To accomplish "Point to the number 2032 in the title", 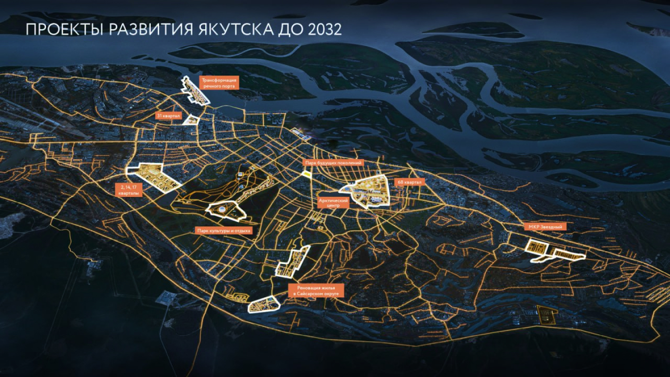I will [x=325, y=30].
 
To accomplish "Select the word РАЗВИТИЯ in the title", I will [x=148, y=30].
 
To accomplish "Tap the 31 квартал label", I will [x=168, y=115].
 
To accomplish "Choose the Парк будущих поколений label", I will [x=333, y=163].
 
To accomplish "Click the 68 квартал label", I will [x=408, y=182].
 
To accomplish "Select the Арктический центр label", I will [x=333, y=202].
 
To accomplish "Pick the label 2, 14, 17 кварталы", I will [x=128, y=189].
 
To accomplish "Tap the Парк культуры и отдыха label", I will [x=223, y=230].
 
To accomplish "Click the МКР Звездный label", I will [x=545, y=227].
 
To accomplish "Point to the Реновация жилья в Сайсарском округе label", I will [x=316, y=290].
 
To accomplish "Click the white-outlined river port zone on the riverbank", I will [x=194, y=90].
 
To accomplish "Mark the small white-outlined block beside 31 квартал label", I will [x=191, y=120].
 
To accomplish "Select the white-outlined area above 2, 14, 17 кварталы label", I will [x=154, y=176].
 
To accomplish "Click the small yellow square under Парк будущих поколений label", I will [x=307, y=174].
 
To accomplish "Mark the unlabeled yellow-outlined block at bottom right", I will [x=547, y=315].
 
